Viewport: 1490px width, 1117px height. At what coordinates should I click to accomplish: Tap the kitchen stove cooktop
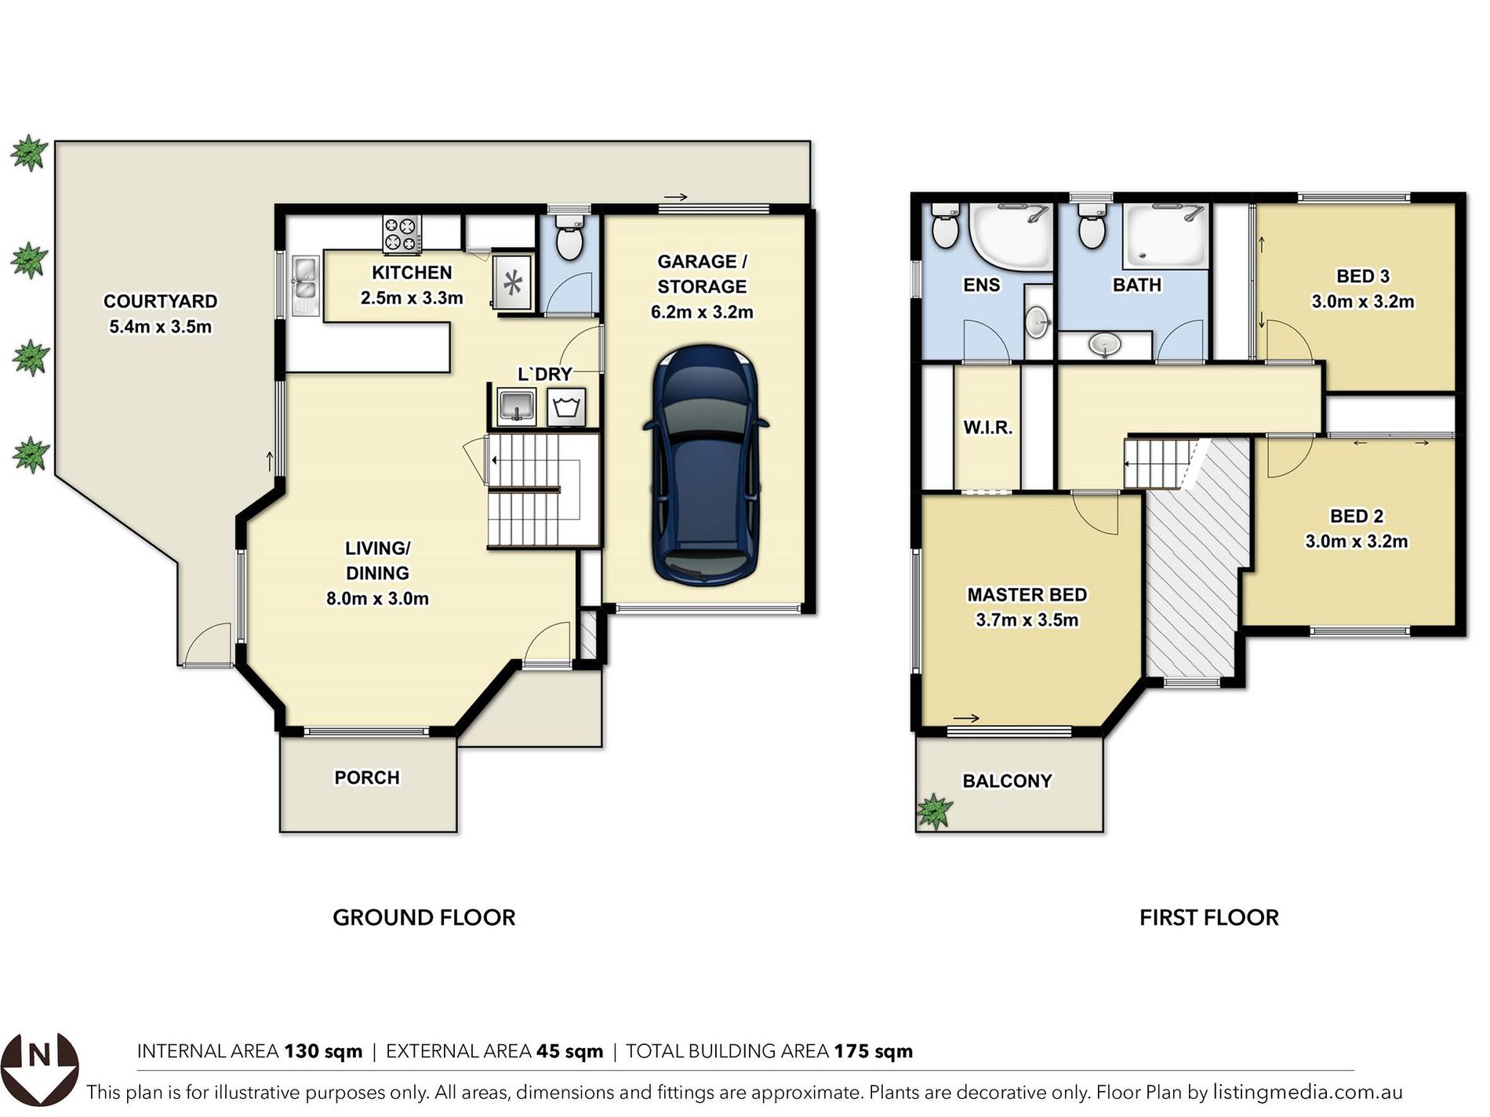pyautogui.click(x=402, y=234)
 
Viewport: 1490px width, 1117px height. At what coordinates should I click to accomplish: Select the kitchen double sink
pyautogui.click(x=305, y=285)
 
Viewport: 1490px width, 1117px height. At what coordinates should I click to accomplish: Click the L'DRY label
pyautogui.click(x=545, y=375)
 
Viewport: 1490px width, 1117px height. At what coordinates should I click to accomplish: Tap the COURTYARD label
pyautogui.click(x=161, y=302)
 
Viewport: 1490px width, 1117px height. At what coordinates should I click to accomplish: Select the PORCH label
pyautogui.click(x=367, y=778)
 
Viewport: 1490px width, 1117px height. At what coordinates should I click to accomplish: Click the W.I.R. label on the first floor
pyautogui.click(x=988, y=428)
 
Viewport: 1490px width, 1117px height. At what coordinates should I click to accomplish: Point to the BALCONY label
pyautogui.click(x=1008, y=781)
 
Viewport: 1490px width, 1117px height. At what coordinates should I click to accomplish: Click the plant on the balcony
pyautogui.click(x=934, y=811)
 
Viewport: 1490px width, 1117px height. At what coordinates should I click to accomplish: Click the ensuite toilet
pyautogui.click(x=945, y=226)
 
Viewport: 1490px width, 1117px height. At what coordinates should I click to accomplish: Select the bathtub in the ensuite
pyautogui.click(x=1012, y=237)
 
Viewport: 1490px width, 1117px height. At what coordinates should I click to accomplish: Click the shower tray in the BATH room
pyautogui.click(x=1165, y=236)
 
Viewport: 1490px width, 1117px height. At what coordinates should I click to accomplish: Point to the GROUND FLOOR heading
pyautogui.click(x=424, y=918)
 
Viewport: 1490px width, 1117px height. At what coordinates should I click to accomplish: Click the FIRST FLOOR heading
pyautogui.click(x=1209, y=918)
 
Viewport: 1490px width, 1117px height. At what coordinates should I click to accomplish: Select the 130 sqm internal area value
pyautogui.click(x=323, y=1051)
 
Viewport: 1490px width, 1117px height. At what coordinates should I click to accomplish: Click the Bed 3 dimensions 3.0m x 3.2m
pyautogui.click(x=1363, y=302)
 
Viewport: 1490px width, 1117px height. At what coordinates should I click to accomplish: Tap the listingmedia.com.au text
pyautogui.click(x=1308, y=1092)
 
